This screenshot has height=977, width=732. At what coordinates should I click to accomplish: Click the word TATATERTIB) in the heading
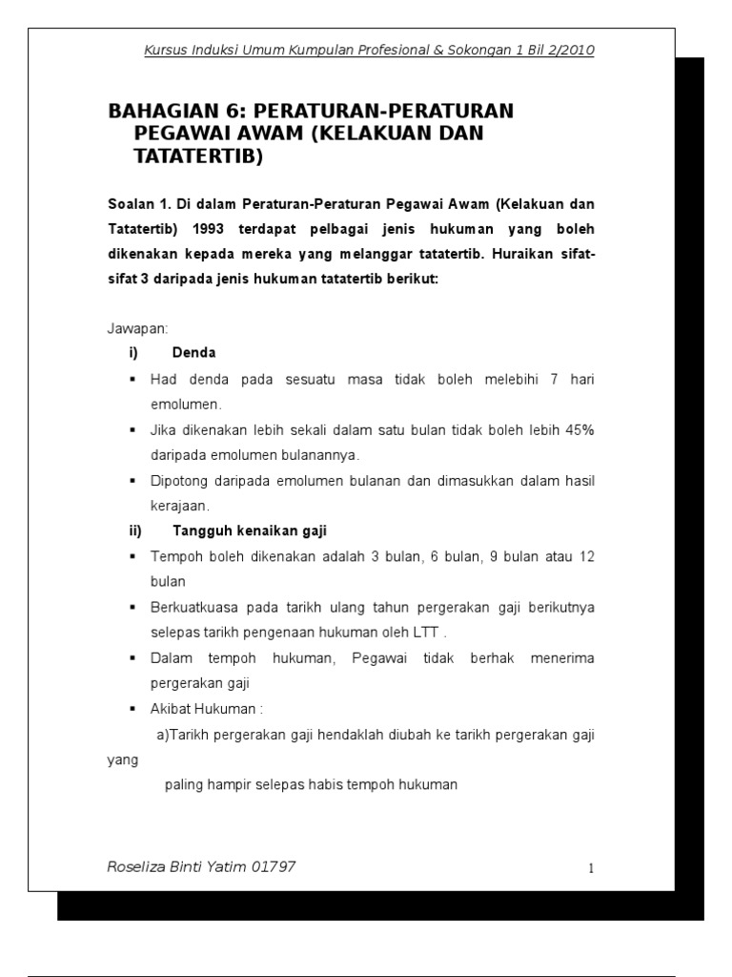[197, 156]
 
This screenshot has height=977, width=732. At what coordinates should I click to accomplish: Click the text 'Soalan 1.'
[137, 204]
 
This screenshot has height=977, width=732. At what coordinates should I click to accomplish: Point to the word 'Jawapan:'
[137, 328]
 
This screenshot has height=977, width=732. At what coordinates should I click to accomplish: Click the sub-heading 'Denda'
[194, 353]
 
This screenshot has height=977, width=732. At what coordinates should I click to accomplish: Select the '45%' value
[578, 429]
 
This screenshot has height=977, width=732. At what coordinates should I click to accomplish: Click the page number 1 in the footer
[592, 868]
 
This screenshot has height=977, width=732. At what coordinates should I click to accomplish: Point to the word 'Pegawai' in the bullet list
[378, 658]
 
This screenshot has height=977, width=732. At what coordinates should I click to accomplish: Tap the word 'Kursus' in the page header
[165, 50]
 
